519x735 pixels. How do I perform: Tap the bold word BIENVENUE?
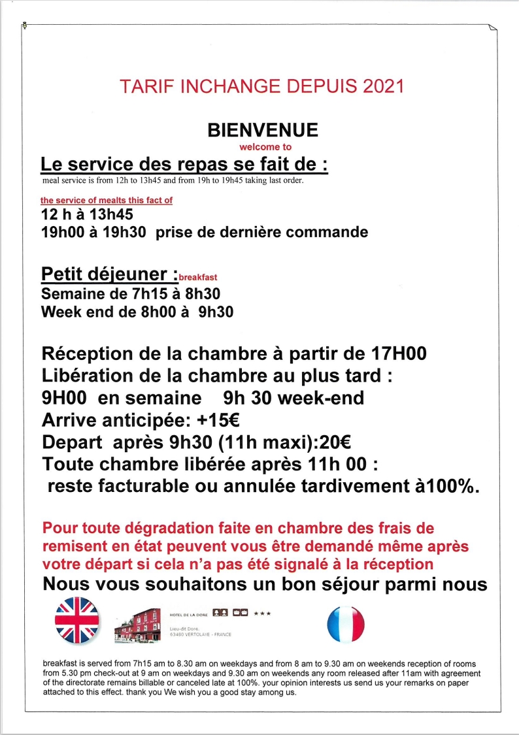[x=263, y=130]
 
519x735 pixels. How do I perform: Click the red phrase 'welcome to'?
[x=265, y=147]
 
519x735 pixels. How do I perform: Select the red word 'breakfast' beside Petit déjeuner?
[x=198, y=277]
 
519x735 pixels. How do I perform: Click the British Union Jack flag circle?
[x=76, y=620]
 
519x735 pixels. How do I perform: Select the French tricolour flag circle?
[x=346, y=624]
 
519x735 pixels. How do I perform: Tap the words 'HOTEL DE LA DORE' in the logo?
[x=188, y=615]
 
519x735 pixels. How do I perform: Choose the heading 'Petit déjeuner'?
[x=107, y=273]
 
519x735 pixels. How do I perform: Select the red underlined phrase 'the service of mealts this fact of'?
[x=107, y=201]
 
